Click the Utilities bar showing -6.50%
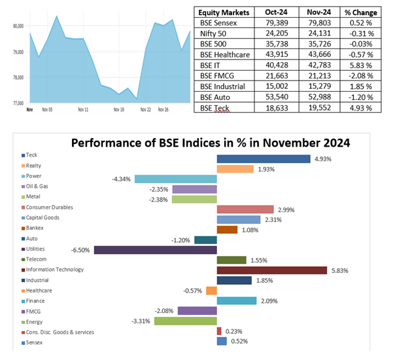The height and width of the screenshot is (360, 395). (155, 250)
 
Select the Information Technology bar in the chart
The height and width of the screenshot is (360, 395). (271, 270)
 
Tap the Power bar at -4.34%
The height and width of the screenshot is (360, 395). (175, 179)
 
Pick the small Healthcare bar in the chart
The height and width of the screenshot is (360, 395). (211, 291)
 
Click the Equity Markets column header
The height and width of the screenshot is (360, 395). (225, 11)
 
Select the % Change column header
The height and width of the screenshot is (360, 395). (362, 11)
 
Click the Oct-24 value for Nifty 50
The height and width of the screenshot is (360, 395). (274, 33)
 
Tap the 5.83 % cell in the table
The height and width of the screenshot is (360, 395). (362, 65)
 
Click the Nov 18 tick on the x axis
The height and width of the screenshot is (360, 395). (118, 110)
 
